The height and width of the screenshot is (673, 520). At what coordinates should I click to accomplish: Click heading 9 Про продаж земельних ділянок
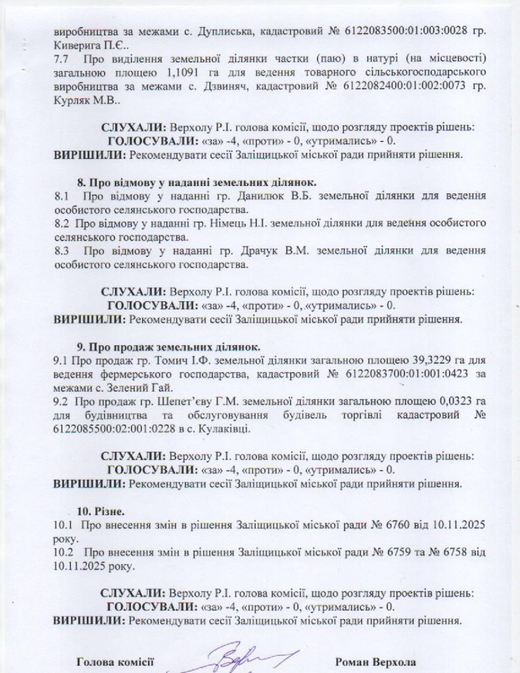click(x=169, y=346)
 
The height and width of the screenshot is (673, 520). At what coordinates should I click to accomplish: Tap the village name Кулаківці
click(x=224, y=430)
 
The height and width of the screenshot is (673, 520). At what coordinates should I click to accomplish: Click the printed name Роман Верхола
click(x=375, y=662)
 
